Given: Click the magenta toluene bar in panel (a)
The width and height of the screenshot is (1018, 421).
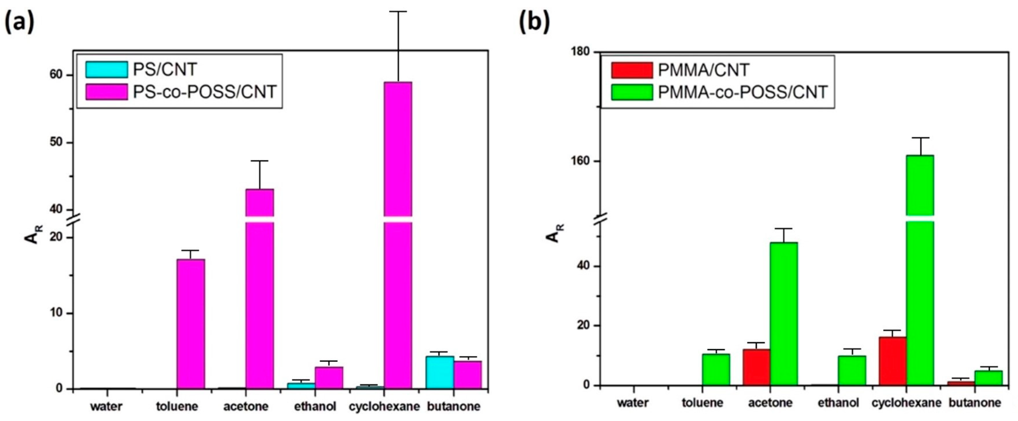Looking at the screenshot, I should click(x=191, y=324).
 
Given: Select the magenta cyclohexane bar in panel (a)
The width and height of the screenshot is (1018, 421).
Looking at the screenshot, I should click(x=398, y=237).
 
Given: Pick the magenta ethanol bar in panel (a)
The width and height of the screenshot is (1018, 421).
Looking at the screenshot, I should click(x=329, y=377).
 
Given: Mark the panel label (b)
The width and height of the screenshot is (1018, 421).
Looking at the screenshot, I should click(x=534, y=23).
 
